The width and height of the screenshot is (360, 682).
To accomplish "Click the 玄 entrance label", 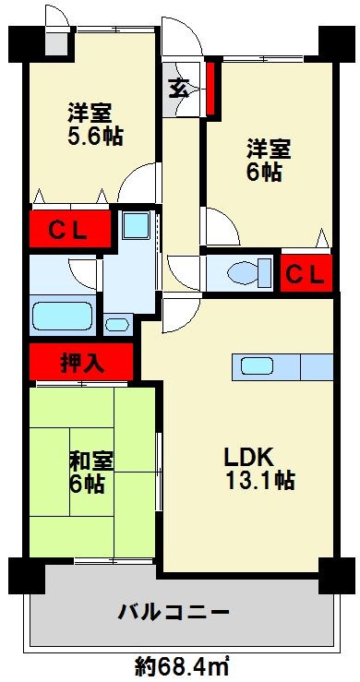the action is click(x=177, y=90).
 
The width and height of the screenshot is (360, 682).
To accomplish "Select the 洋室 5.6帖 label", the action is click(x=92, y=126).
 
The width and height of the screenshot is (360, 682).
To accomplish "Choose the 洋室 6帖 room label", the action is click(x=268, y=158).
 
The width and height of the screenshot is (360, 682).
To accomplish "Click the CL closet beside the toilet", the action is click(x=304, y=273).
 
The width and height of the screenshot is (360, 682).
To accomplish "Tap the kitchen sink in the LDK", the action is click(x=258, y=365).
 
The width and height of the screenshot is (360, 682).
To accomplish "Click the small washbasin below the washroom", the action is click(x=117, y=324).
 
